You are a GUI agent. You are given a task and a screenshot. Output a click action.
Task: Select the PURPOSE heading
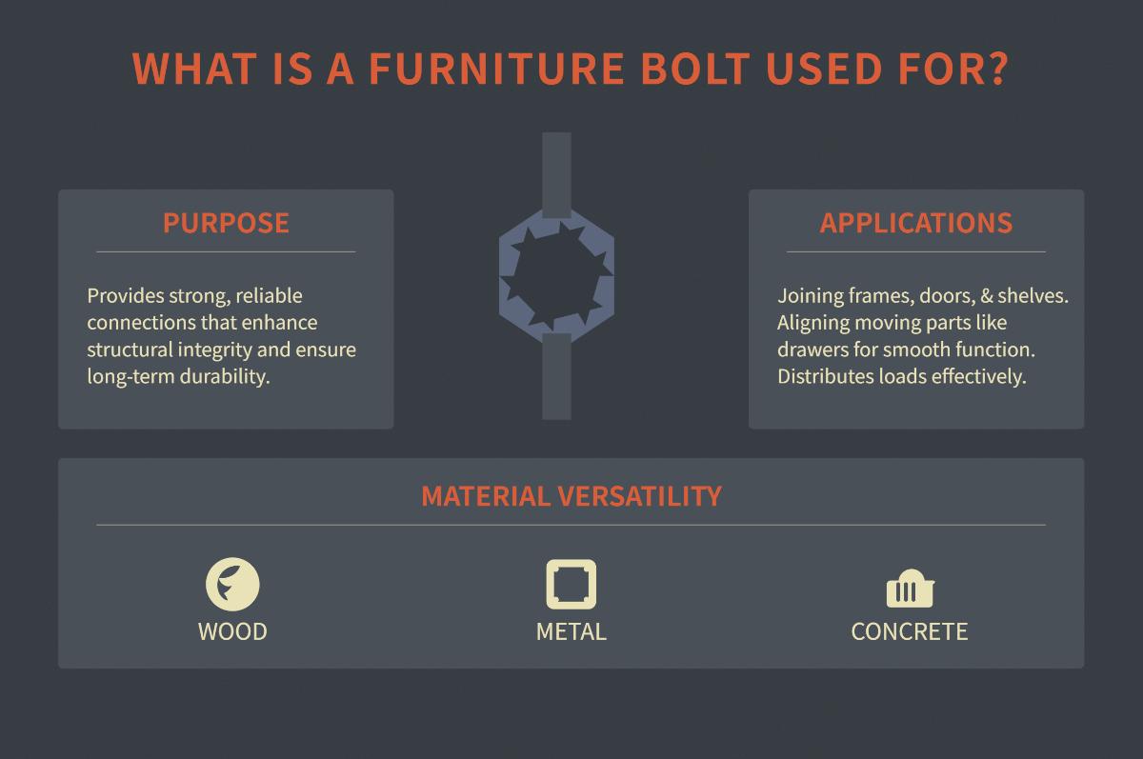pos(226,223)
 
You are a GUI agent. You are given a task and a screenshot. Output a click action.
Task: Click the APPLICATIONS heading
pos(915,223)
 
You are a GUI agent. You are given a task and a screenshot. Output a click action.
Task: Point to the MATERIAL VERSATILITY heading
pos(571,496)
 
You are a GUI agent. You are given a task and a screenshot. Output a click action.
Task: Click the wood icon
pos(232,584)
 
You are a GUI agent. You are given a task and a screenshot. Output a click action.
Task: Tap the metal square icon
pos(571,584)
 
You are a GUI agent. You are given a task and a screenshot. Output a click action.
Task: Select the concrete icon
pos(909,590)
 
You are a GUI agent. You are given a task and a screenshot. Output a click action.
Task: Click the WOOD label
pos(232,631)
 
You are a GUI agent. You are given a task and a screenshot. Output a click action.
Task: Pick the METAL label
pos(571,631)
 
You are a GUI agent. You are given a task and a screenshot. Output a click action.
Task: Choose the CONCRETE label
pos(909,631)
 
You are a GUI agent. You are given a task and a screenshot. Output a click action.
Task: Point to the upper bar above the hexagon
pos(556,171)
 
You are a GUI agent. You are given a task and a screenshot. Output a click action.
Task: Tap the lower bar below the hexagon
pos(556,381)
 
